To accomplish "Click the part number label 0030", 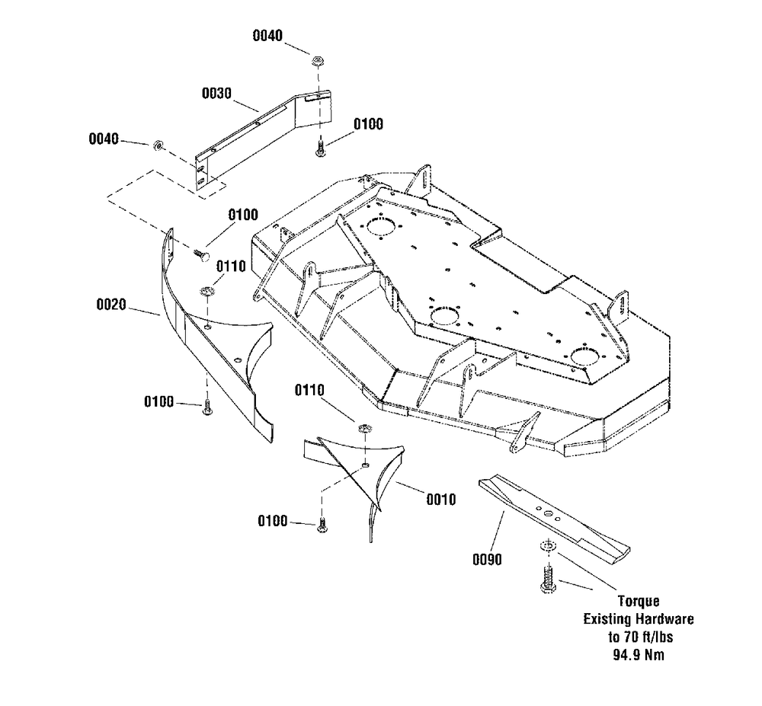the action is (216, 93).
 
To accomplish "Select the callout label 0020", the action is (111, 305).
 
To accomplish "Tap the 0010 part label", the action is (441, 500).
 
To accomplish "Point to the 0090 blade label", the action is (488, 560).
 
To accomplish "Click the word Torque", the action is (639, 601).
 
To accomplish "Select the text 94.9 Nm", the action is (639, 654).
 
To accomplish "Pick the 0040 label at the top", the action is (267, 36).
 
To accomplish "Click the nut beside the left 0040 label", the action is (158, 145).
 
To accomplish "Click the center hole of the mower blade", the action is (547, 513).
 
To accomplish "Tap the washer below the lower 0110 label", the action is (365, 430).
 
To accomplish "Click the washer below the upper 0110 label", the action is (207, 292).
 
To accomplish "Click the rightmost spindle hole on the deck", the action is (585, 356).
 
